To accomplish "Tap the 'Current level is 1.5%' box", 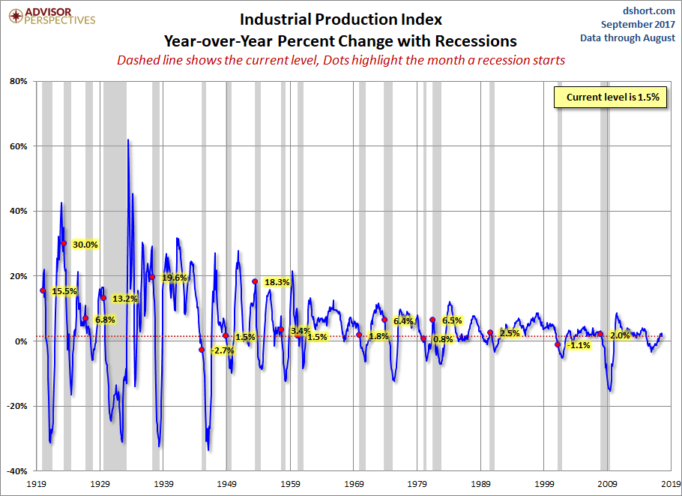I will pyautogui.click(x=611, y=98).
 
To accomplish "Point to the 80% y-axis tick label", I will pyautogui.click(x=18, y=81).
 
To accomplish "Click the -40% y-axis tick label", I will pyautogui.click(x=16, y=471).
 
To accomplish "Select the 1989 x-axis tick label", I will pyautogui.click(x=482, y=484).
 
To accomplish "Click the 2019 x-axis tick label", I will pyautogui.click(x=671, y=484).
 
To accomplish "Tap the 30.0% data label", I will pyautogui.click(x=85, y=245).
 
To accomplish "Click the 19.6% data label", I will pyautogui.click(x=175, y=278).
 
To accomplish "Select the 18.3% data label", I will pyautogui.click(x=277, y=282).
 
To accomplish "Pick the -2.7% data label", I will pyautogui.click(x=223, y=350).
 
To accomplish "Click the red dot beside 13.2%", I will pyautogui.click(x=103, y=298).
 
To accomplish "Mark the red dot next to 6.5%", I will pyautogui.click(x=432, y=320).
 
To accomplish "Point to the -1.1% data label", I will pyautogui.click(x=579, y=345).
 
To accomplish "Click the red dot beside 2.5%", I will pyautogui.click(x=490, y=332).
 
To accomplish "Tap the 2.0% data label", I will pyautogui.click(x=620, y=335).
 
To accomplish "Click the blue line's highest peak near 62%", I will pyautogui.click(x=128, y=140).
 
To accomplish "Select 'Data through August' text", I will pyautogui.click(x=628, y=38).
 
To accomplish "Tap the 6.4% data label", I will pyautogui.click(x=403, y=321).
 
